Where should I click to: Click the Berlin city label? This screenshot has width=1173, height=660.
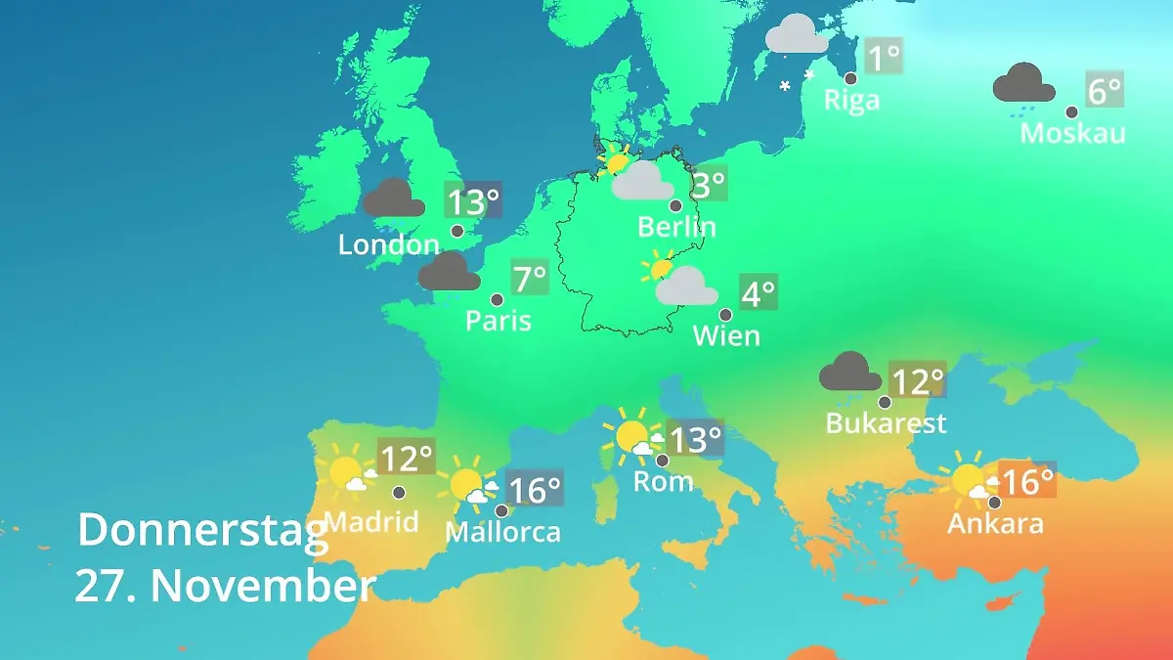click(676, 227)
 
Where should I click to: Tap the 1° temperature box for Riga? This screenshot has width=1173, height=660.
click(885, 57)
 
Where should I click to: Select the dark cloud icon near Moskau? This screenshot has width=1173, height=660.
click(1023, 84)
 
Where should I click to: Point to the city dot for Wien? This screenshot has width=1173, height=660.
click(725, 315)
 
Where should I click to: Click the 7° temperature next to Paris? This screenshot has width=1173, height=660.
click(530, 280)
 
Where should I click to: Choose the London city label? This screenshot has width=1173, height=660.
click(389, 244)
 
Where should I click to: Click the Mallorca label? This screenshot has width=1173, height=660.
click(502, 532)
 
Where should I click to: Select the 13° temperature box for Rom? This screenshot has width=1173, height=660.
click(695, 439)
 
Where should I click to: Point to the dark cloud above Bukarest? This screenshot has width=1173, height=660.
click(849, 372)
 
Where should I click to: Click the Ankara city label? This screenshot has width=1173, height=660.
click(995, 523)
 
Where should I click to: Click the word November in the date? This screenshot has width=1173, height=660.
click(263, 586)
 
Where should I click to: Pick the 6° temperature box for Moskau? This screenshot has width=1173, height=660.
click(1105, 91)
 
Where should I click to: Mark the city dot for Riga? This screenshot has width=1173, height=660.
click(850, 78)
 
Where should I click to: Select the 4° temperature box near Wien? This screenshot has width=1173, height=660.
click(758, 292)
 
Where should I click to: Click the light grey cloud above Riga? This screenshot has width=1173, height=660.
click(797, 34)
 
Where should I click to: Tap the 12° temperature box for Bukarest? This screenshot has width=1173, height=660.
click(917, 379)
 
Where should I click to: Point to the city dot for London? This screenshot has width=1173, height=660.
click(457, 231)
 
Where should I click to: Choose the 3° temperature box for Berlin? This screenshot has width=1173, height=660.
click(709, 183)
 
